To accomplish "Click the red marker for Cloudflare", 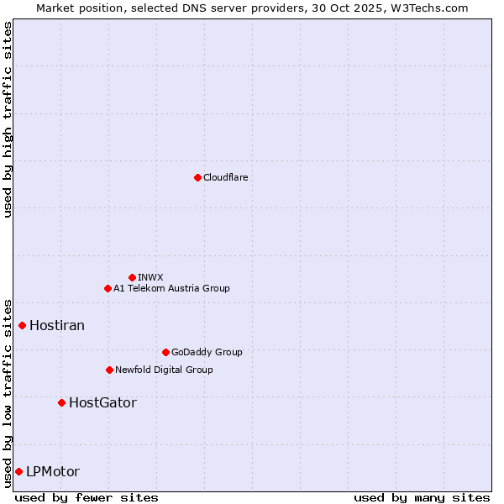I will tap(197, 177).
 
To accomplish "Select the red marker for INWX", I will tap(132, 277).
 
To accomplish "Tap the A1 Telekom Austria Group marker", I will tap(108, 288).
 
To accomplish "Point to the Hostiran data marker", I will tap(23, 325).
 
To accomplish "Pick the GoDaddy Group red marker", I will tap(165, 352).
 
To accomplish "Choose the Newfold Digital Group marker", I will tap(109, 370).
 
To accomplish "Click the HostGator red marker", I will tap(61, 402).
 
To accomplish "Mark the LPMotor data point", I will tap(18, 471).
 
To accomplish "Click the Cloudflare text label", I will tap(225, 177).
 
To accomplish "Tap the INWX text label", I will tap(150, 277).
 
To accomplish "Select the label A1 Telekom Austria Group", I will tap(171, 288).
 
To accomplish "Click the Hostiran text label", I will tap(57, 325).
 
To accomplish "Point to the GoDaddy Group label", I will tap(207, 352).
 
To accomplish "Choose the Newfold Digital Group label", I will tap(164, 370).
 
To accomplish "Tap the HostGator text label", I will tap(102, 402).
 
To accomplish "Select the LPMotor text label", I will tap(53, 471).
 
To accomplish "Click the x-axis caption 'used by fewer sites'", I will tap(87, 497).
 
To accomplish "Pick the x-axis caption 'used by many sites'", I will tap(422, 497).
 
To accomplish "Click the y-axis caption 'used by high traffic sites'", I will tap(8, 119).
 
